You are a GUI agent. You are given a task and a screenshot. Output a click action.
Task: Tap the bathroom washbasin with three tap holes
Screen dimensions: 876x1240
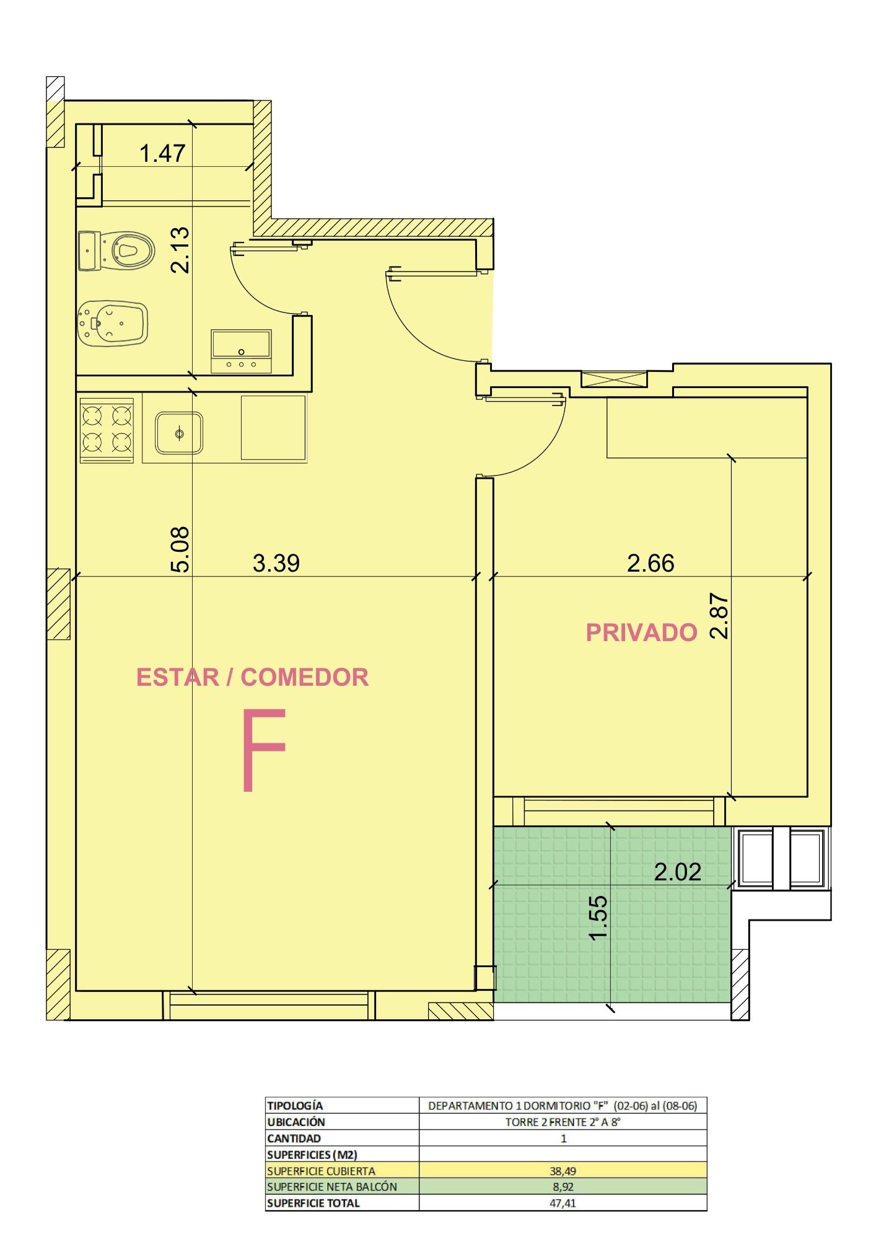point(241,352)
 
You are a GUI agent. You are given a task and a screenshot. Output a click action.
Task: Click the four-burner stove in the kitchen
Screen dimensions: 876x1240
point(107,430)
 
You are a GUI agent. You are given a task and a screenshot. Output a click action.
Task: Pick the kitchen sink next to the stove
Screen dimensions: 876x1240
point(179,433)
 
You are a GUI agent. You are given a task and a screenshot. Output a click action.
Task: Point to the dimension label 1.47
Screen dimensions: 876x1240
point(162,153)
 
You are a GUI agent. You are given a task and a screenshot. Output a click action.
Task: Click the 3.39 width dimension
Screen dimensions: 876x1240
point(276,563)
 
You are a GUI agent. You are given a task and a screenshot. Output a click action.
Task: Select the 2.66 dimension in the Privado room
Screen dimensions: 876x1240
point(650,563)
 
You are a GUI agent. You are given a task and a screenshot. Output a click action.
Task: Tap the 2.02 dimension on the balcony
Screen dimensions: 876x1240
point(678,872)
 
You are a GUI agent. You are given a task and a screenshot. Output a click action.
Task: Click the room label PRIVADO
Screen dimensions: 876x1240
point(642,632)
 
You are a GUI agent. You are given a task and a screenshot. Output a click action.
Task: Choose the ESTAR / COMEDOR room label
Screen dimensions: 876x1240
point(253,677)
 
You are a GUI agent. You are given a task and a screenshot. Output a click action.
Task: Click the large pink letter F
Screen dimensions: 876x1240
point(264,750)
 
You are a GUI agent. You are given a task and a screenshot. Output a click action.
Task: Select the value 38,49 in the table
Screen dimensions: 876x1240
point(563,1171)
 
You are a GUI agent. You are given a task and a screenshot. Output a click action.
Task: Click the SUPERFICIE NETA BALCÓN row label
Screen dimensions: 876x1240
point(332,1187)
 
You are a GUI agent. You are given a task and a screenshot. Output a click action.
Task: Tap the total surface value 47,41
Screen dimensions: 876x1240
point(563,1203)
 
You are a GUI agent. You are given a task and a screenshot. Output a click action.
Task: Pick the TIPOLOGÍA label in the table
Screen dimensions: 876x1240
point(295,1105)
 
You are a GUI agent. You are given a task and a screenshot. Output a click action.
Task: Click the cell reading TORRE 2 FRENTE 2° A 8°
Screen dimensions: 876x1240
point(563,1122)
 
